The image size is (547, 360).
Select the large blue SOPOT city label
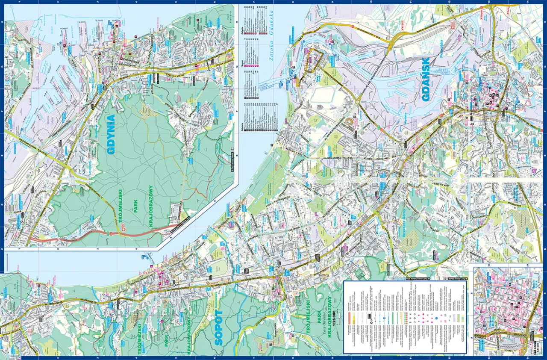coord(218,328)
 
